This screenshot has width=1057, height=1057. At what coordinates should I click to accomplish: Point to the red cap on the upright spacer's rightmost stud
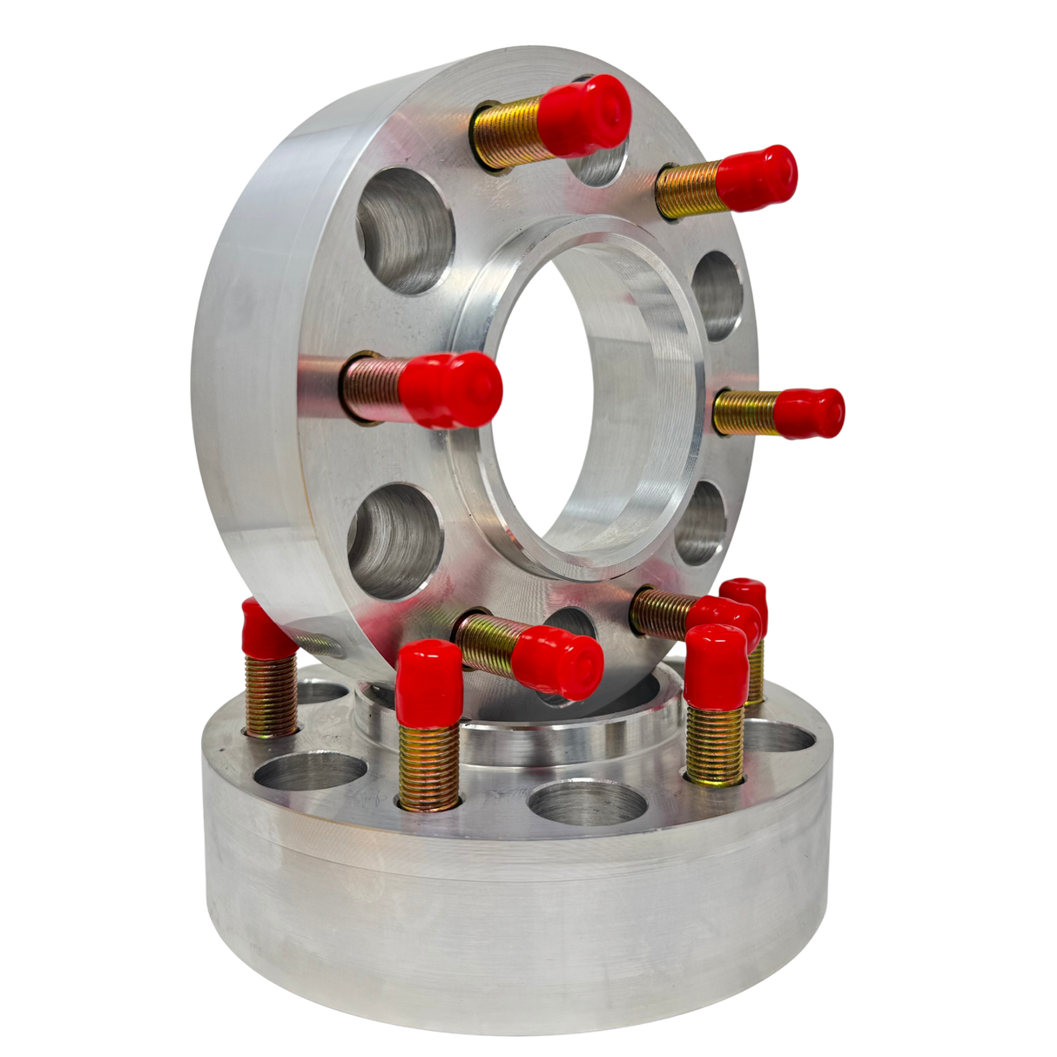(x=809, y=413)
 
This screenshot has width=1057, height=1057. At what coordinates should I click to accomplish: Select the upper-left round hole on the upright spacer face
(x=406, y=230)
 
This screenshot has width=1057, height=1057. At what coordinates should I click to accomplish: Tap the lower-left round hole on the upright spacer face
(x=396, y=541)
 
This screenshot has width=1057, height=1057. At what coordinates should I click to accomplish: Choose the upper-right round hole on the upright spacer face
(x=719, y=295)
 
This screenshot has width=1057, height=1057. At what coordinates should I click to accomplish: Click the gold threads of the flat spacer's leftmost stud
(x=271, y=696)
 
